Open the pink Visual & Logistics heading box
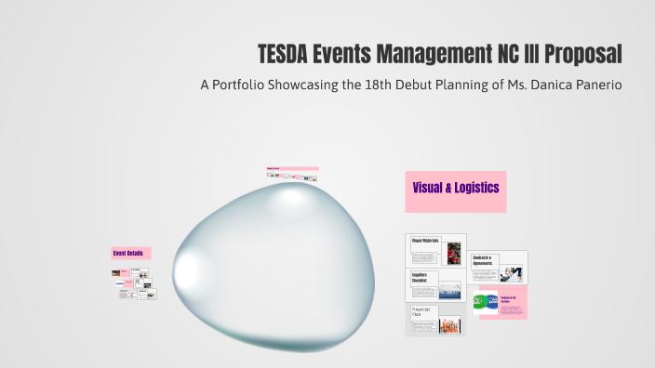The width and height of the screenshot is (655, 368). click(x=455, y=189)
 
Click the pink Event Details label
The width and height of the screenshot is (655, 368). click(x=130, y=253)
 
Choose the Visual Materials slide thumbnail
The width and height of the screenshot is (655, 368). click(x=436, y=252)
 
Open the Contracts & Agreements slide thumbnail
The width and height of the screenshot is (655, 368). click(x=499, y=268)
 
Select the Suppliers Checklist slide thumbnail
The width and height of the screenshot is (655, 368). click(x=436, y=286)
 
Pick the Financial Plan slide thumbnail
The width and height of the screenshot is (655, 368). click(x=436, y=320)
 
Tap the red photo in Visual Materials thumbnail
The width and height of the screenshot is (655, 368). click(x=453, y=254)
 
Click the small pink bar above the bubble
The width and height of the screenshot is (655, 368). click(x=292, y=169)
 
